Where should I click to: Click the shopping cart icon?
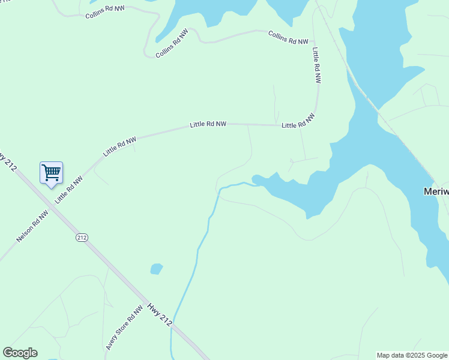(x=51, y=173)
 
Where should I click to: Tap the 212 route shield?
(x=82, y=238)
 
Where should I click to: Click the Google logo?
(x=20, y=353)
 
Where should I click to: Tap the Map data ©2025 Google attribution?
(x=412, y=355)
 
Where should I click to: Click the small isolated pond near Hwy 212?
(x=156, y=269)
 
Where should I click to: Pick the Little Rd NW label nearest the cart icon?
(x=69, y=189)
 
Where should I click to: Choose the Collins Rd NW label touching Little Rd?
(x=288, y=38)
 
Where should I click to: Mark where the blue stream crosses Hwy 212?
(x=174, y=327)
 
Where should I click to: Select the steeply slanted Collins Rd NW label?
(x=172, y=43)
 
